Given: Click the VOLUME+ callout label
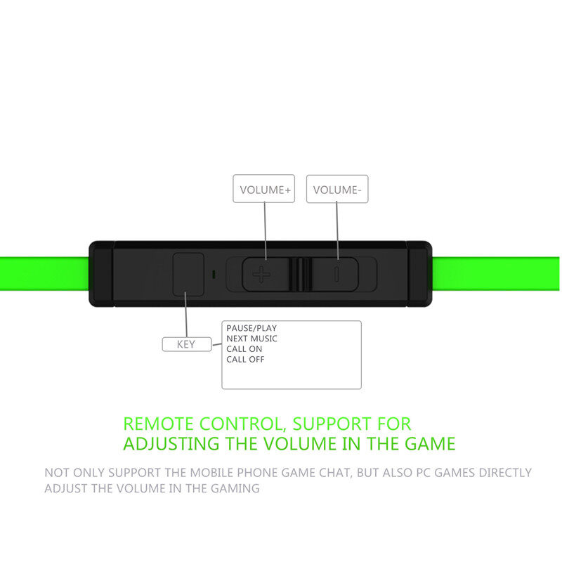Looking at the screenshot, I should (x=264, y=189).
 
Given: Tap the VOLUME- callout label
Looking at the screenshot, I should (x=337, y=189).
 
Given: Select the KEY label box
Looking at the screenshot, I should (x=186, y=344).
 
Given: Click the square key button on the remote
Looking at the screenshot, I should (x=188, y=273).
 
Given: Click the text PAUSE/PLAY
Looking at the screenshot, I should (x=251, y=328).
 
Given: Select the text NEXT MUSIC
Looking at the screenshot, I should (x=251, y=339).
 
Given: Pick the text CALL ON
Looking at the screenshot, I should (x=244, y=349).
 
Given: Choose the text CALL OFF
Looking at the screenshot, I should (x=246, y=360).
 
